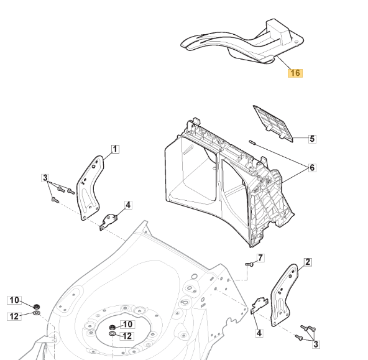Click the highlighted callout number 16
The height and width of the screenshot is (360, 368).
coord(295,73)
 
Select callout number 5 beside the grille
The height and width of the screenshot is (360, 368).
coord(312,139)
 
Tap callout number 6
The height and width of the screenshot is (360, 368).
coord(312,167)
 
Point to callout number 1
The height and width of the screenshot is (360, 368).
coord(115,149)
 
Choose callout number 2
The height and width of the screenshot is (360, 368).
coord(308,262)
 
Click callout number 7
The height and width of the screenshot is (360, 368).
coord(260,258)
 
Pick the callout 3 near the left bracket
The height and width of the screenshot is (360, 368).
coord(45,178)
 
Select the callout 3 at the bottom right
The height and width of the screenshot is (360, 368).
coord(316,344)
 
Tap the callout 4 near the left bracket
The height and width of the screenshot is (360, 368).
coord(128,205)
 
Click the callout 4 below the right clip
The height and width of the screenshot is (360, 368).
coord(259,333)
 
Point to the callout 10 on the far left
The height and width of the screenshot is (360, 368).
coord(14,300)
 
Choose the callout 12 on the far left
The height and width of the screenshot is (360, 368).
coord(14,316)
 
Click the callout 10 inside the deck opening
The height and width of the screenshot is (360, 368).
coord(127,325)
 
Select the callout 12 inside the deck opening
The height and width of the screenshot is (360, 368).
coord(127,336)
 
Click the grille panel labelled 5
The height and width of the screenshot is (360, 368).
coord(274,123)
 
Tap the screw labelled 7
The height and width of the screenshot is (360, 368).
coord(249,264)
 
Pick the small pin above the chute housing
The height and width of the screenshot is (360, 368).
coord(252,142)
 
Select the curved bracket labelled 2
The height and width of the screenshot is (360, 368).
coord(284,295)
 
